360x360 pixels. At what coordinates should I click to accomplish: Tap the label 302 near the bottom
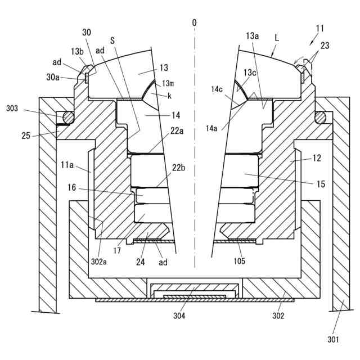(278, 316)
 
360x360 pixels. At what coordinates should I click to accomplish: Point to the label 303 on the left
(12, 108)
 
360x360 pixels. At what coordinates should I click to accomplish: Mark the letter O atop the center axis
(194, 22)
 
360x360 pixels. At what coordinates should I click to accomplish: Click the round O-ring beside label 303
(68, 118)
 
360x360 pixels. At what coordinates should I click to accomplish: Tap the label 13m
(168, 84)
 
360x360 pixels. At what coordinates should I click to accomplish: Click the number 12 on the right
(317, 159)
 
